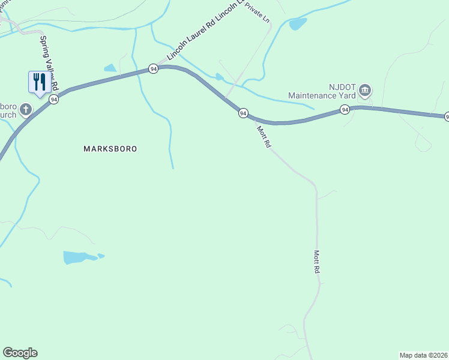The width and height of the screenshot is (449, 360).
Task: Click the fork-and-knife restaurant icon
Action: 39,82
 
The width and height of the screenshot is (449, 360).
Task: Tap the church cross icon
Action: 25,109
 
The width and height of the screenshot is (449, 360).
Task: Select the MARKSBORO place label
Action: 110,148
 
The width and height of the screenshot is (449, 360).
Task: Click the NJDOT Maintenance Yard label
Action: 322,91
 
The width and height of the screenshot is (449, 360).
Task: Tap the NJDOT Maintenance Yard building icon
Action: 365,91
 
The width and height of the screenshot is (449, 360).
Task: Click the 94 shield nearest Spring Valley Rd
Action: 54,100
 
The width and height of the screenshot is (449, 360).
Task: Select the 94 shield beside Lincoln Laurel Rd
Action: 154,69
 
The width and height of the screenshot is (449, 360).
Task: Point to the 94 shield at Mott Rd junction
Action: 243,113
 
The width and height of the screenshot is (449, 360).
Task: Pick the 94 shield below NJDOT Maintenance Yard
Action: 345,109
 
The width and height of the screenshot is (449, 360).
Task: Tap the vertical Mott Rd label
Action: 316,262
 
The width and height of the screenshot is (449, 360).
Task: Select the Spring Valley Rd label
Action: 48,64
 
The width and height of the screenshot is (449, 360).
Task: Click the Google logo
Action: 20,353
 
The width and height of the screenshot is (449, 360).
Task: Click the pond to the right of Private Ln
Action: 298,24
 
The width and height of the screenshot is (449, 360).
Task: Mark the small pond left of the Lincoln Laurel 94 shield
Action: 110,68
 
